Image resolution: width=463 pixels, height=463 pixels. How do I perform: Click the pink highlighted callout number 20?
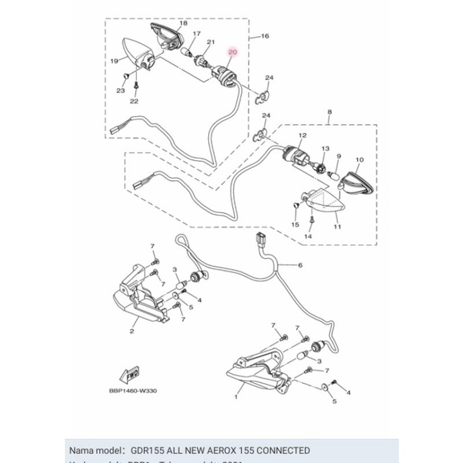pyautogui.click(x=232, y=52)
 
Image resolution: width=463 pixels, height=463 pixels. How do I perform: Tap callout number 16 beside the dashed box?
pyautogui.click(x=265, y=37)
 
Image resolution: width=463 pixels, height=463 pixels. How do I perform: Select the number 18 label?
pyautogui.click(x=183, y=24)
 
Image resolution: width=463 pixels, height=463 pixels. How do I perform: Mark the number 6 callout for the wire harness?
pyautogui.click(x=300, y=264)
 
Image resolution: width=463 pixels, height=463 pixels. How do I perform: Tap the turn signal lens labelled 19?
pyautogui.click(x=138, y=50)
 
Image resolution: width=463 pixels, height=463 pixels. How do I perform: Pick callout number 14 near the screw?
pyautogui.click(x=307, y=237)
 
